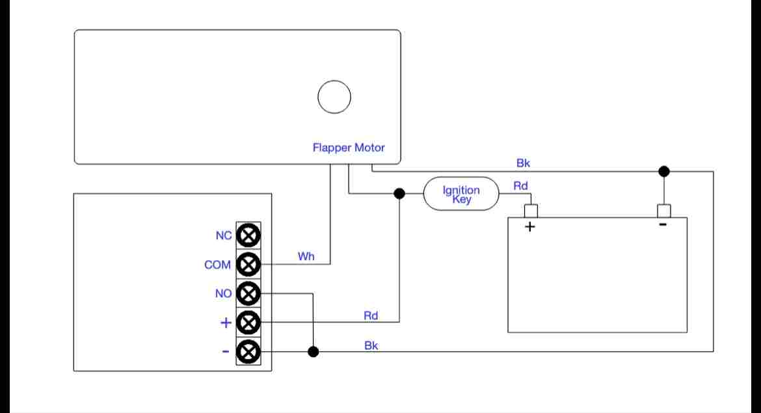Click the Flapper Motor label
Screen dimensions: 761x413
coord(349,148)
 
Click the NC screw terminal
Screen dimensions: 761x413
coord(248,235)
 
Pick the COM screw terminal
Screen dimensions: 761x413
coord(248,265)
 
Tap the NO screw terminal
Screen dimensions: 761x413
coord(248,293)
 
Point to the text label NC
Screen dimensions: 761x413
coord(224,235)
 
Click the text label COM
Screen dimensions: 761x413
coord(217,265)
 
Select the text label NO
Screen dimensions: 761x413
coord(223,293)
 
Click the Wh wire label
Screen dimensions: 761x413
coord(306,256)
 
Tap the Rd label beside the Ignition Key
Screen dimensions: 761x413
coord(521,186)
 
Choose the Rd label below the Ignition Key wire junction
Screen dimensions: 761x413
coord(371,315)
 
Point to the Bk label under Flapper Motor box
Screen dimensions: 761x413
coord(523,163)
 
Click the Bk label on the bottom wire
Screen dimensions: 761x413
coord(371,345)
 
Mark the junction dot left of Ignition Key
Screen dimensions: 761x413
coord(399,194)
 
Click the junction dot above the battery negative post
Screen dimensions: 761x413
coord(664,171)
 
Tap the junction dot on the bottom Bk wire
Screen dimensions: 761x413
coord(314,352)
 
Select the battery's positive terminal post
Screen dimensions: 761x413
coord(531,211)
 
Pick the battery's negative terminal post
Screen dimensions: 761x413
coord(664,211)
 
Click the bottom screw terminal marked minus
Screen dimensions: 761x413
coord(248,352)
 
